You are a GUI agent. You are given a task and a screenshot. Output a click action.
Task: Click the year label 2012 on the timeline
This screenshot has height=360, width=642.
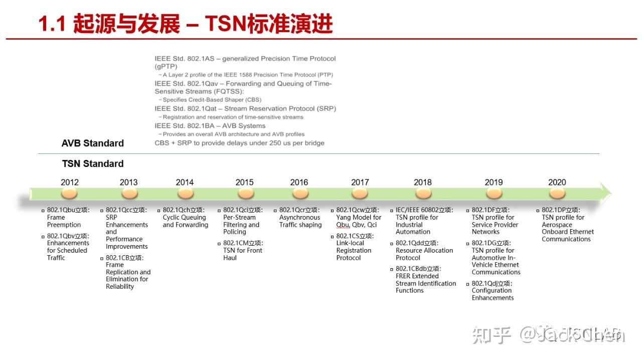pyautogui.click(x=70, y=183)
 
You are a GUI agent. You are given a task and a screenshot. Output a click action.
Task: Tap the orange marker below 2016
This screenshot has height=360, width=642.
pyautogui.click(x=299, y=194)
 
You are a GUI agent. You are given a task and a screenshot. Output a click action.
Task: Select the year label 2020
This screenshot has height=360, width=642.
pyautogui.click(x=557, y=183)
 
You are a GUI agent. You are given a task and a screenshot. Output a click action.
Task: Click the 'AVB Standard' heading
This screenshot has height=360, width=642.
pyautogui.click(x=93, y=143)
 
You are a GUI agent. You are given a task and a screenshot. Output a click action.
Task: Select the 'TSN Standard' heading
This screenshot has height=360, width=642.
pyautogui.click(x=93, y=164)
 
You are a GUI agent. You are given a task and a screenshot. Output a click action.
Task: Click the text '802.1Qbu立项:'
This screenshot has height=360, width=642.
pyautogui.click(x=68, y=210)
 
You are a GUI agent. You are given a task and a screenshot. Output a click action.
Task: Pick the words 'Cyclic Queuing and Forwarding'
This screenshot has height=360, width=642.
pyautogui.click(x=185, y=221)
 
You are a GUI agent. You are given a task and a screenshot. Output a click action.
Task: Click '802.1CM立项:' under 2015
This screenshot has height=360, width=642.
pyautogui.click(x=243, y=243)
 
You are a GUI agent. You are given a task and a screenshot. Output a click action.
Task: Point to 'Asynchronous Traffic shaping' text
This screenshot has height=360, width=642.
pyautogui.click(x=300, y=221)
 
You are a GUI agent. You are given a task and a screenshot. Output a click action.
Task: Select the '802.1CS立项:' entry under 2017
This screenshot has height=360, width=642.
pyautogui.click(x=355, y=236)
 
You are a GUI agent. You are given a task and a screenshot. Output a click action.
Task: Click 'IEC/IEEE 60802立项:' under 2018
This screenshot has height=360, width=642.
pyautogui.click(x=424, y=210)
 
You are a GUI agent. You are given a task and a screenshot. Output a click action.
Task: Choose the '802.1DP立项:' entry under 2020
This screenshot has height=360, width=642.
pyautogui.click(x=561, y=210)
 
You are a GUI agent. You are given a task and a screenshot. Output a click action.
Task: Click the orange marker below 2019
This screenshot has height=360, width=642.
pyautogui.click(x=494, y=194)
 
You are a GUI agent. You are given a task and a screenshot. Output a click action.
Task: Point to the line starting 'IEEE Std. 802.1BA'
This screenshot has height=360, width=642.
pyautogui.click(x=210, y=126)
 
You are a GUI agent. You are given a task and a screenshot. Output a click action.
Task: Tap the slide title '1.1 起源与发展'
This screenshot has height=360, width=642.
pyautogui.click(x=109, y=24)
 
